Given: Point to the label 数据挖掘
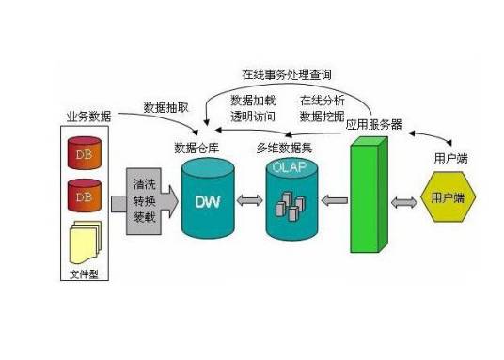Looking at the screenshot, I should [x=323, y=117].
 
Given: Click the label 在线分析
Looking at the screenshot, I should [x=323, y=100].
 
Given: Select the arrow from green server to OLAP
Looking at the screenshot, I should [x=333, y=200].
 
